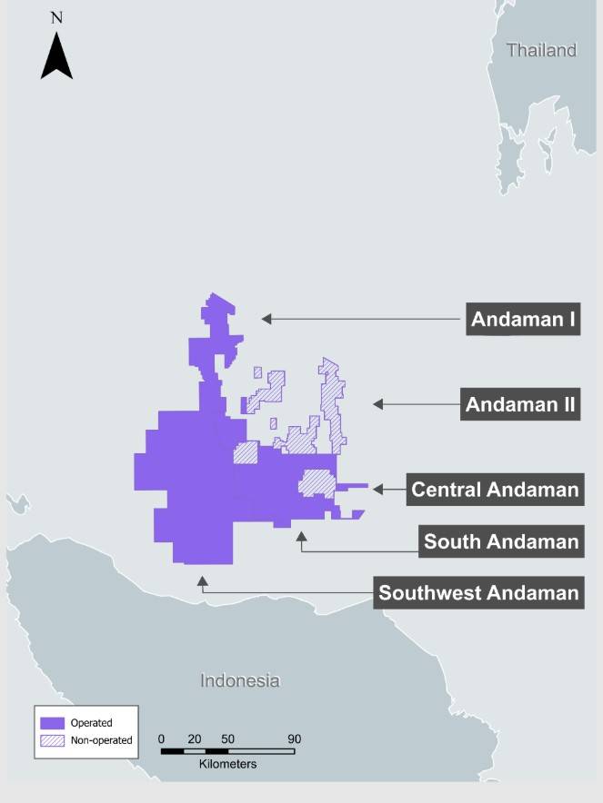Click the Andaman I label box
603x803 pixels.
pyautogui.click(x=523, y=319)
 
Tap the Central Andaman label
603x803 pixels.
pyautogui.click(x=495, y=490)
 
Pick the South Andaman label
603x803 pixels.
pyautogui.click(x=501, y=541)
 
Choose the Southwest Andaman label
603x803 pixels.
pyautogui.click(x=478, y=593)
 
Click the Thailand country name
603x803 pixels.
pyautogui.click(x=542, y=50)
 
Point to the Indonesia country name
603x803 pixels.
pyautogui.click(x=240, y=680)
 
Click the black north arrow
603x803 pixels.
pyautogui.click(x=56, y=55)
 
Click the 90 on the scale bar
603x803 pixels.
pyautogui.click(x=294, y=739)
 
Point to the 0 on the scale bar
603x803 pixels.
pyautogui.click(x=161, y=739)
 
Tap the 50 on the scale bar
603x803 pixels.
pyautogui.click(x=227, y=739)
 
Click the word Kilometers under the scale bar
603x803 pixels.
pyautogui.click(x=227, y=764)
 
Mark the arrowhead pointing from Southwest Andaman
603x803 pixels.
pyautogui.click(x=202, y=580)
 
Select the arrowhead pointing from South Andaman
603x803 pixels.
pyautogui.click(x=301, y=537)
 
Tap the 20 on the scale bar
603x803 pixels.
pyautogui.click(x=194, y=739)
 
